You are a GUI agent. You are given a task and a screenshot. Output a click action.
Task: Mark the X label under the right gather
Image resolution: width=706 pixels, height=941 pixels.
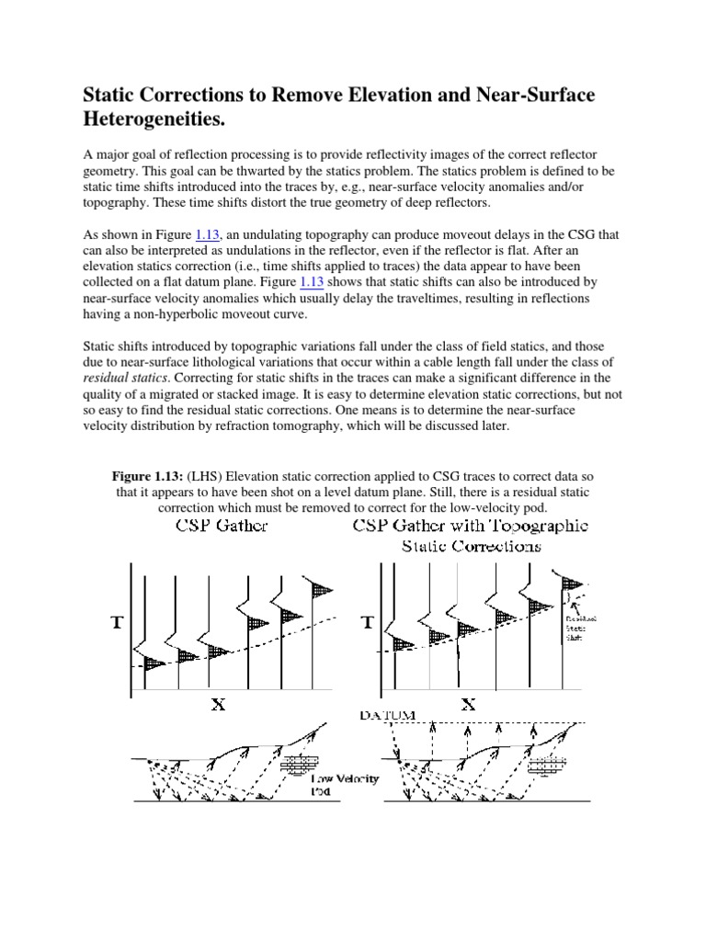[x=468, y=706]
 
